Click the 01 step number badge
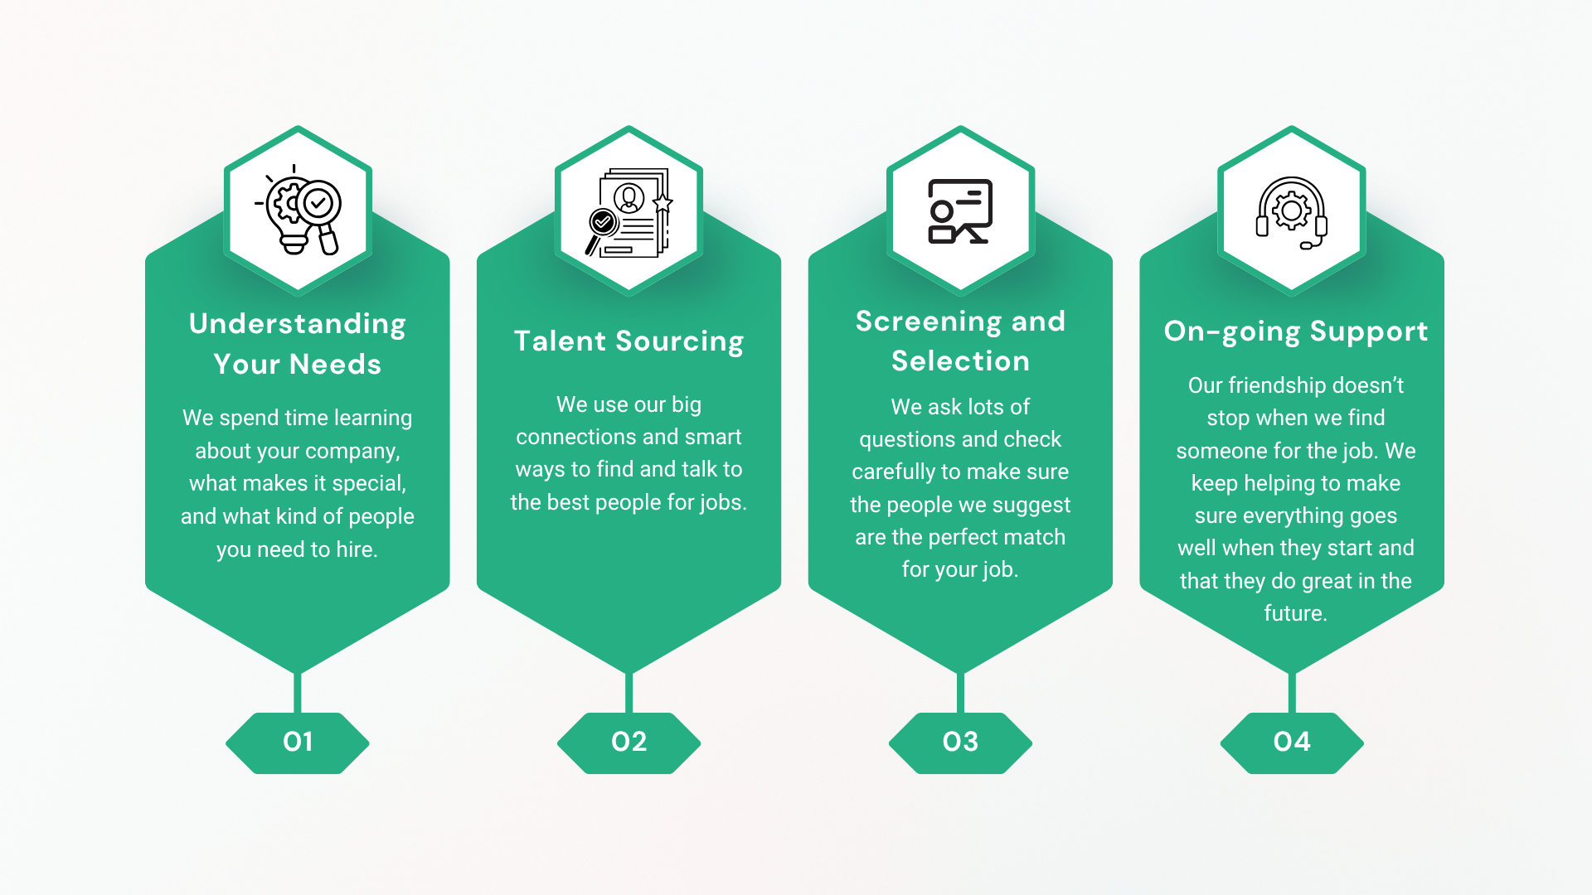point(298,742)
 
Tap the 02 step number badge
point(629,742)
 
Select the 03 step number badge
point(960,742)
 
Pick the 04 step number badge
point(1292,742)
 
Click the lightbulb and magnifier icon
point(299,211)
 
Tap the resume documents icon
point(629,213)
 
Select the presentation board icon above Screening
point(960,211)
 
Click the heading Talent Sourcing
point(629,341)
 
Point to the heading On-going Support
point(1295,331)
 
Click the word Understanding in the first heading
point(298,324)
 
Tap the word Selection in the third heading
point(960,361)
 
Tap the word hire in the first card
point(355,549)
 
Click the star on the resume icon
point(663,203)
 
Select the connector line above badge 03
point(960,692)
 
